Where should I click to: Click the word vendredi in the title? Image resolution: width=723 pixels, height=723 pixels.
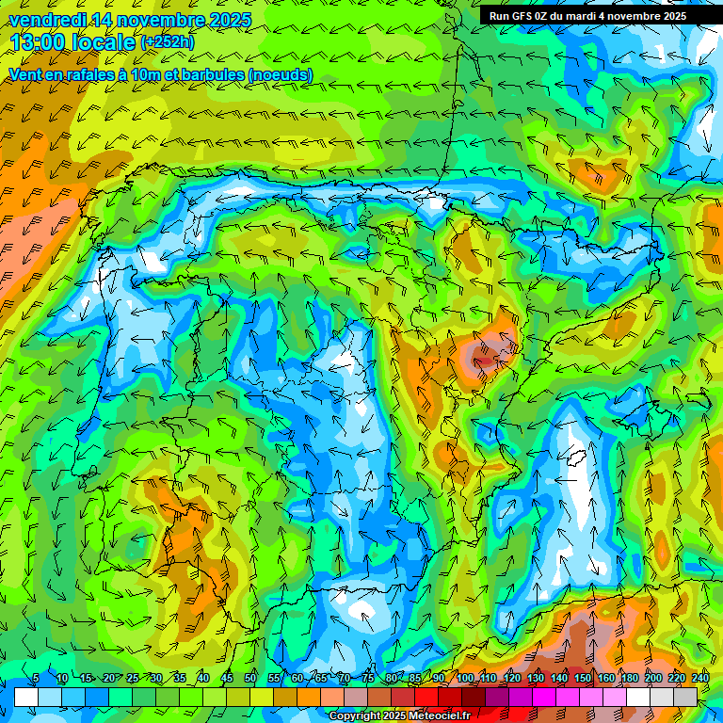coord(42,20)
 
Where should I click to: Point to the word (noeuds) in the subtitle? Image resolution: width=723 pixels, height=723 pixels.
coord(281,75)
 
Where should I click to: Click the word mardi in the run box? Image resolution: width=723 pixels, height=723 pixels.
coord(586,16)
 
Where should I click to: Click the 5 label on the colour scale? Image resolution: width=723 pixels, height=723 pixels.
coord(36,679)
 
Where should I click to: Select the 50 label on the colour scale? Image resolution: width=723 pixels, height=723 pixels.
coord(250,679)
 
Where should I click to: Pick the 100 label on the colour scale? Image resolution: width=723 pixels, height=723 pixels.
coord(465,679)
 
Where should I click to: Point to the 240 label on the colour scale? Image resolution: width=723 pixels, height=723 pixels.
coord(700,679)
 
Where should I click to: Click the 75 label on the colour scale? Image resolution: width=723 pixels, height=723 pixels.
coord(368,679)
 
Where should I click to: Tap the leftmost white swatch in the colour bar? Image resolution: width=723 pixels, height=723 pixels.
coord(25,697)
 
